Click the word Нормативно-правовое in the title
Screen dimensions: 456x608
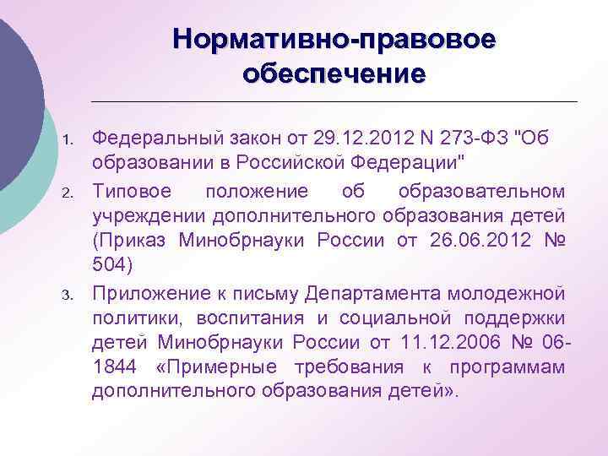pyautogui.click(x=334, y=40)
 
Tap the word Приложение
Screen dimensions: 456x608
pyautogui.click(x=144, y=294)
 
